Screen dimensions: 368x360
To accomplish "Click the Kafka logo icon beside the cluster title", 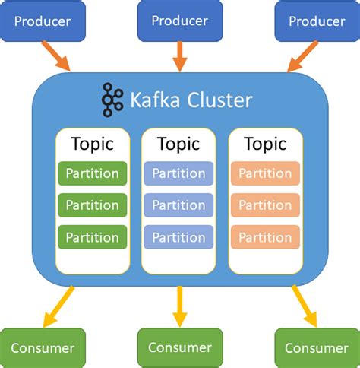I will pos(112,100).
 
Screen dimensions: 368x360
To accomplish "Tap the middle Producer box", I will pos(179,21).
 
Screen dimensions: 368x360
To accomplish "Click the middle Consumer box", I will pos(179,347).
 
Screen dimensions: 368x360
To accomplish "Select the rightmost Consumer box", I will pos(316,348).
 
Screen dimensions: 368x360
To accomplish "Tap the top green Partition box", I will pos(92,173).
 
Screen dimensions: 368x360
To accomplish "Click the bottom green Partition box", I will pos(92,236).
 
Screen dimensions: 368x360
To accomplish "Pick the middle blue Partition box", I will pos(178,205).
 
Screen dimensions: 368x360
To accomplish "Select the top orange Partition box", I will pos(265,173).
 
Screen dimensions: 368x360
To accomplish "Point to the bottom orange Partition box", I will pos(265,236).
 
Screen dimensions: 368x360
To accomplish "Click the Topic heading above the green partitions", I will pos(92,144).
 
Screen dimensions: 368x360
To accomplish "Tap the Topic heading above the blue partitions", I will pos(178,144).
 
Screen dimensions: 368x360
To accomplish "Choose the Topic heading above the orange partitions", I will pos(265,144).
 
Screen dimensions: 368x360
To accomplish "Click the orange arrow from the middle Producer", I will pos(179,56).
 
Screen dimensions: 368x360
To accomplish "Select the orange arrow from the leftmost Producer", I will pos(56,56).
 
